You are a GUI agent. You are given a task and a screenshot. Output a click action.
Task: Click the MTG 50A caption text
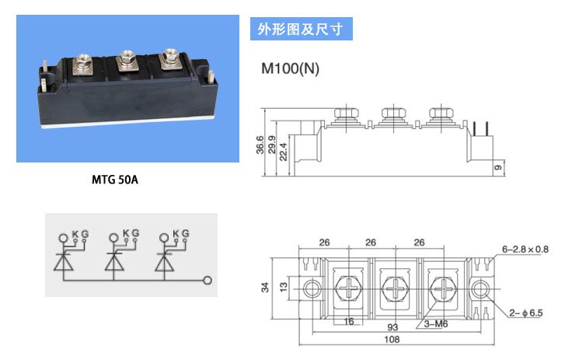tap(115, 180)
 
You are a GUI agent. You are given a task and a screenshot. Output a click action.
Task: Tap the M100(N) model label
tap(290, 68)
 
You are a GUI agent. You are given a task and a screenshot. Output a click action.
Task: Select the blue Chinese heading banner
tap(302, 29)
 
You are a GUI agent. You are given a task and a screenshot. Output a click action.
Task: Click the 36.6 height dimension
tap(260, 145)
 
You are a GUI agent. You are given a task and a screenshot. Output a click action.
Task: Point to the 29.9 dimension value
tap(272, 145)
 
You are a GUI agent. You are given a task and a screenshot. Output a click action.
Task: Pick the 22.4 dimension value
tap(283, 152)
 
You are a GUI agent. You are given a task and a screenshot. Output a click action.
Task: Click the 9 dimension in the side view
tap(497, 168)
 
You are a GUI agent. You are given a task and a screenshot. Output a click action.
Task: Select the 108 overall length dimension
tap(392, 339)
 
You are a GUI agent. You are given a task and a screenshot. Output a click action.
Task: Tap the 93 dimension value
tap(392, 327)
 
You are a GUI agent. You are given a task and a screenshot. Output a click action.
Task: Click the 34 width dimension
tap(265, 288)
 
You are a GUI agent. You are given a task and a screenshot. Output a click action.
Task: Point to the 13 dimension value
tap(284, 287)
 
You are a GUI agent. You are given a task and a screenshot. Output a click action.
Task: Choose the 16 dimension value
tap(348, 321)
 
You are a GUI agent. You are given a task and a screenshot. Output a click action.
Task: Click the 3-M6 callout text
tap(436, 324)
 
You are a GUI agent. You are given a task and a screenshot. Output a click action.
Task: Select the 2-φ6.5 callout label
tap(525, 313)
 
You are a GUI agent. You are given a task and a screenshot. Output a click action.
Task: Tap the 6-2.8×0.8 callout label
tap(525, 250)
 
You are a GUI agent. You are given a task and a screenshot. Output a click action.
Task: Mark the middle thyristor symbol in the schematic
tap(114, 257)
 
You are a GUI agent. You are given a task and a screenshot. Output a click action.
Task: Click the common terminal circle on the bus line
tap(208, 281)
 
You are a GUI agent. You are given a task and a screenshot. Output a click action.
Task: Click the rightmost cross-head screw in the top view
tap(442, 288)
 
